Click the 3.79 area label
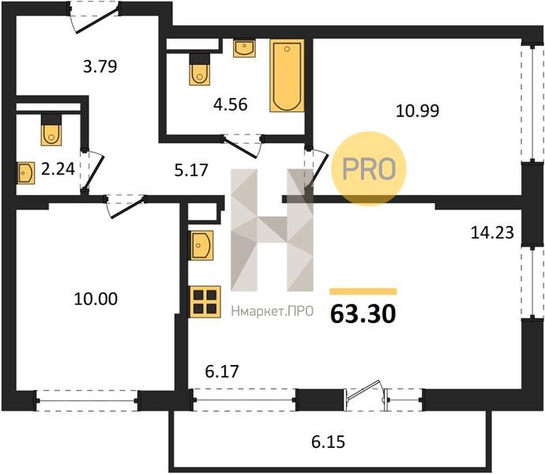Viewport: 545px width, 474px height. (x=100, y=66)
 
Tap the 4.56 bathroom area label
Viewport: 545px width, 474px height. (x=231, y=104)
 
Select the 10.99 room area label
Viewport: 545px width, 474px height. (x=418, y=111)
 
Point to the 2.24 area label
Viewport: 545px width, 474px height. (x=58, y=169)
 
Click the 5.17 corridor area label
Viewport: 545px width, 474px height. (x=191, y=170)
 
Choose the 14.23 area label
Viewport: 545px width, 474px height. (x=492, y=232)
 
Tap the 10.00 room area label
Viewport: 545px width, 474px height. (x=96, y=299)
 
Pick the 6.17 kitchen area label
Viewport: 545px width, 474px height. (x=222, y=371)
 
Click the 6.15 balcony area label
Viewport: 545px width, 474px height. (x=328, y=442)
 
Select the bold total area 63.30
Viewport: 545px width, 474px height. (x=363, y=314)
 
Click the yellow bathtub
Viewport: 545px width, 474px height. (x=287, y=76)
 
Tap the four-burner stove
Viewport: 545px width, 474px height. (x=205, y=302)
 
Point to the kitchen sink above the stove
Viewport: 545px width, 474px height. (x=201, y=245)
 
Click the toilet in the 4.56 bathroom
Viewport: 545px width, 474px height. (x=200, y=70)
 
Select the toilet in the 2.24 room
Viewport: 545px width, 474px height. (x=51, y=130)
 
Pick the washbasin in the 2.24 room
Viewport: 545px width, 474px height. (x=26, y=173)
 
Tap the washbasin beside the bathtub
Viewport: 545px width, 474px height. (x=244, y=48)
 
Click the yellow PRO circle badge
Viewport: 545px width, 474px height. (x=369, y=168)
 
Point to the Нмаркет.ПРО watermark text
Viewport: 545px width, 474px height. (x=272, y=311)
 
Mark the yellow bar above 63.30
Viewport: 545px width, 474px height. (x=363, y=292)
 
